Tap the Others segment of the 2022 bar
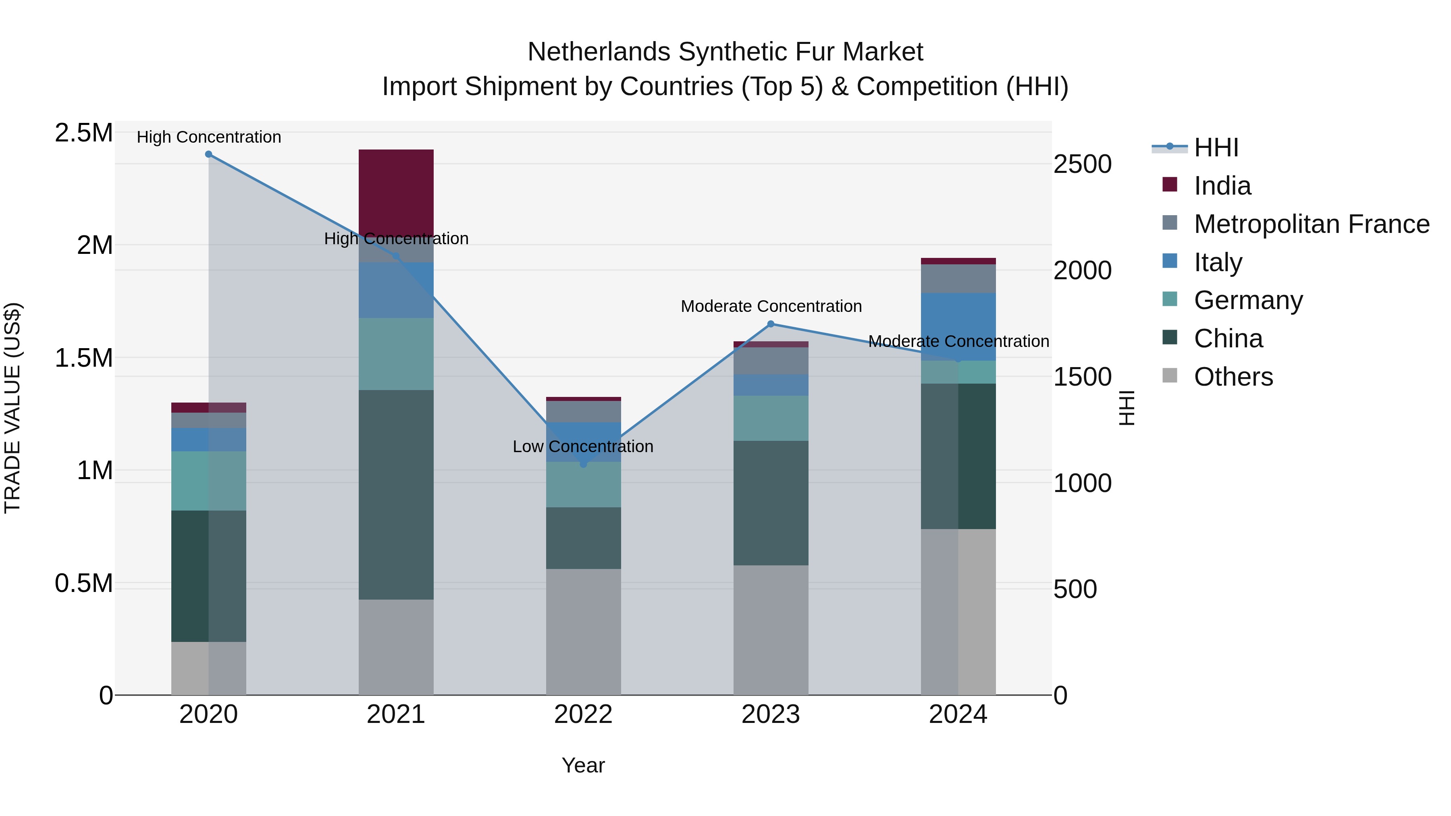click(x=584, y=631)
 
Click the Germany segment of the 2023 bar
click(x=771, y=418)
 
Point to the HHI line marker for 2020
click(x=208, y=154)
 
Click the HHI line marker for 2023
click(x=771, y=324)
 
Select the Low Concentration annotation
click(x=583, y=446)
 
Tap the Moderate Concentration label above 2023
click(x=771, y=306)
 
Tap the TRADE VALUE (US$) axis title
click(x=12, y=408)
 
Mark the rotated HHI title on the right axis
click(x=1126, y=408)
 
